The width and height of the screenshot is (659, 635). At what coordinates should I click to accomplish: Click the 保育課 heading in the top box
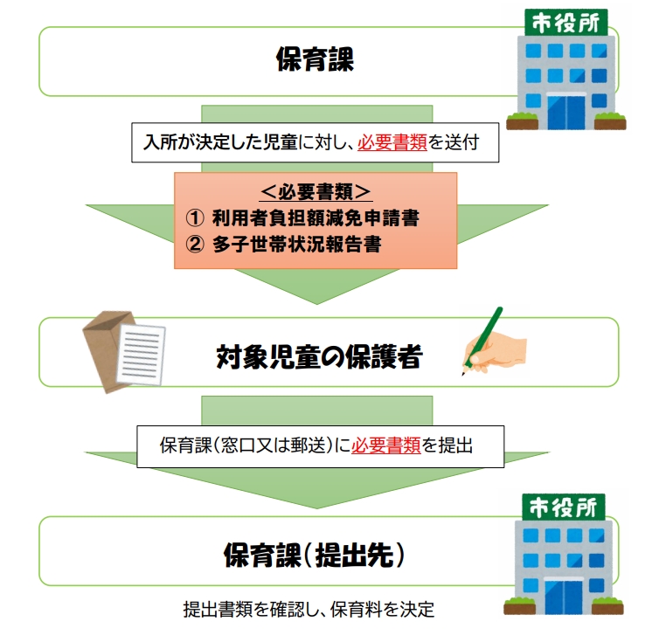click(315, 59)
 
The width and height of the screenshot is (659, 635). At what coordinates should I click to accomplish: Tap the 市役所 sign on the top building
click(565, 23)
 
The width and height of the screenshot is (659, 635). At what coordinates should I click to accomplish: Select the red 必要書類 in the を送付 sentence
click(392, 142)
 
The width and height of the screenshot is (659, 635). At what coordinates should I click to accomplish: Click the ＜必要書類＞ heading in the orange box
click(316, 192)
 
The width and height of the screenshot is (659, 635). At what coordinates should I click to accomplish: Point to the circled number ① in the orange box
click(195, 218)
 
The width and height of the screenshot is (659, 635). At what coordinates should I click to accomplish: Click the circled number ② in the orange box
click(195, 244)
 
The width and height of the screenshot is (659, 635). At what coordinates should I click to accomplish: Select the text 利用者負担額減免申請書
click(316, 218)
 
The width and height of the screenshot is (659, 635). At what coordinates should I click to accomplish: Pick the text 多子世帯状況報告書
click(296, 244)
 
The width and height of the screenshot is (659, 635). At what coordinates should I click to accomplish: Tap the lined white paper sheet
click(141, 355)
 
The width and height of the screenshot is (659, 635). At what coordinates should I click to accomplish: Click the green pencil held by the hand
click(482, 341)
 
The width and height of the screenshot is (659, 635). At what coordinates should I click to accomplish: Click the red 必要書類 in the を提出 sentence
click(385, 445)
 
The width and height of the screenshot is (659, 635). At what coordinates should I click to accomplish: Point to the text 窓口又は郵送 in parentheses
click(274, 445)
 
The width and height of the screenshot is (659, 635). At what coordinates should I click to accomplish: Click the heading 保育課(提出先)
click(315, 555)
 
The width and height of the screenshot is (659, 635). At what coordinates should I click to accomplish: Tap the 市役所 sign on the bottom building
click(563, 507)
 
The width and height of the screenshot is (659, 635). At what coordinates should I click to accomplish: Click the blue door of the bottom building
click(563, 597)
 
